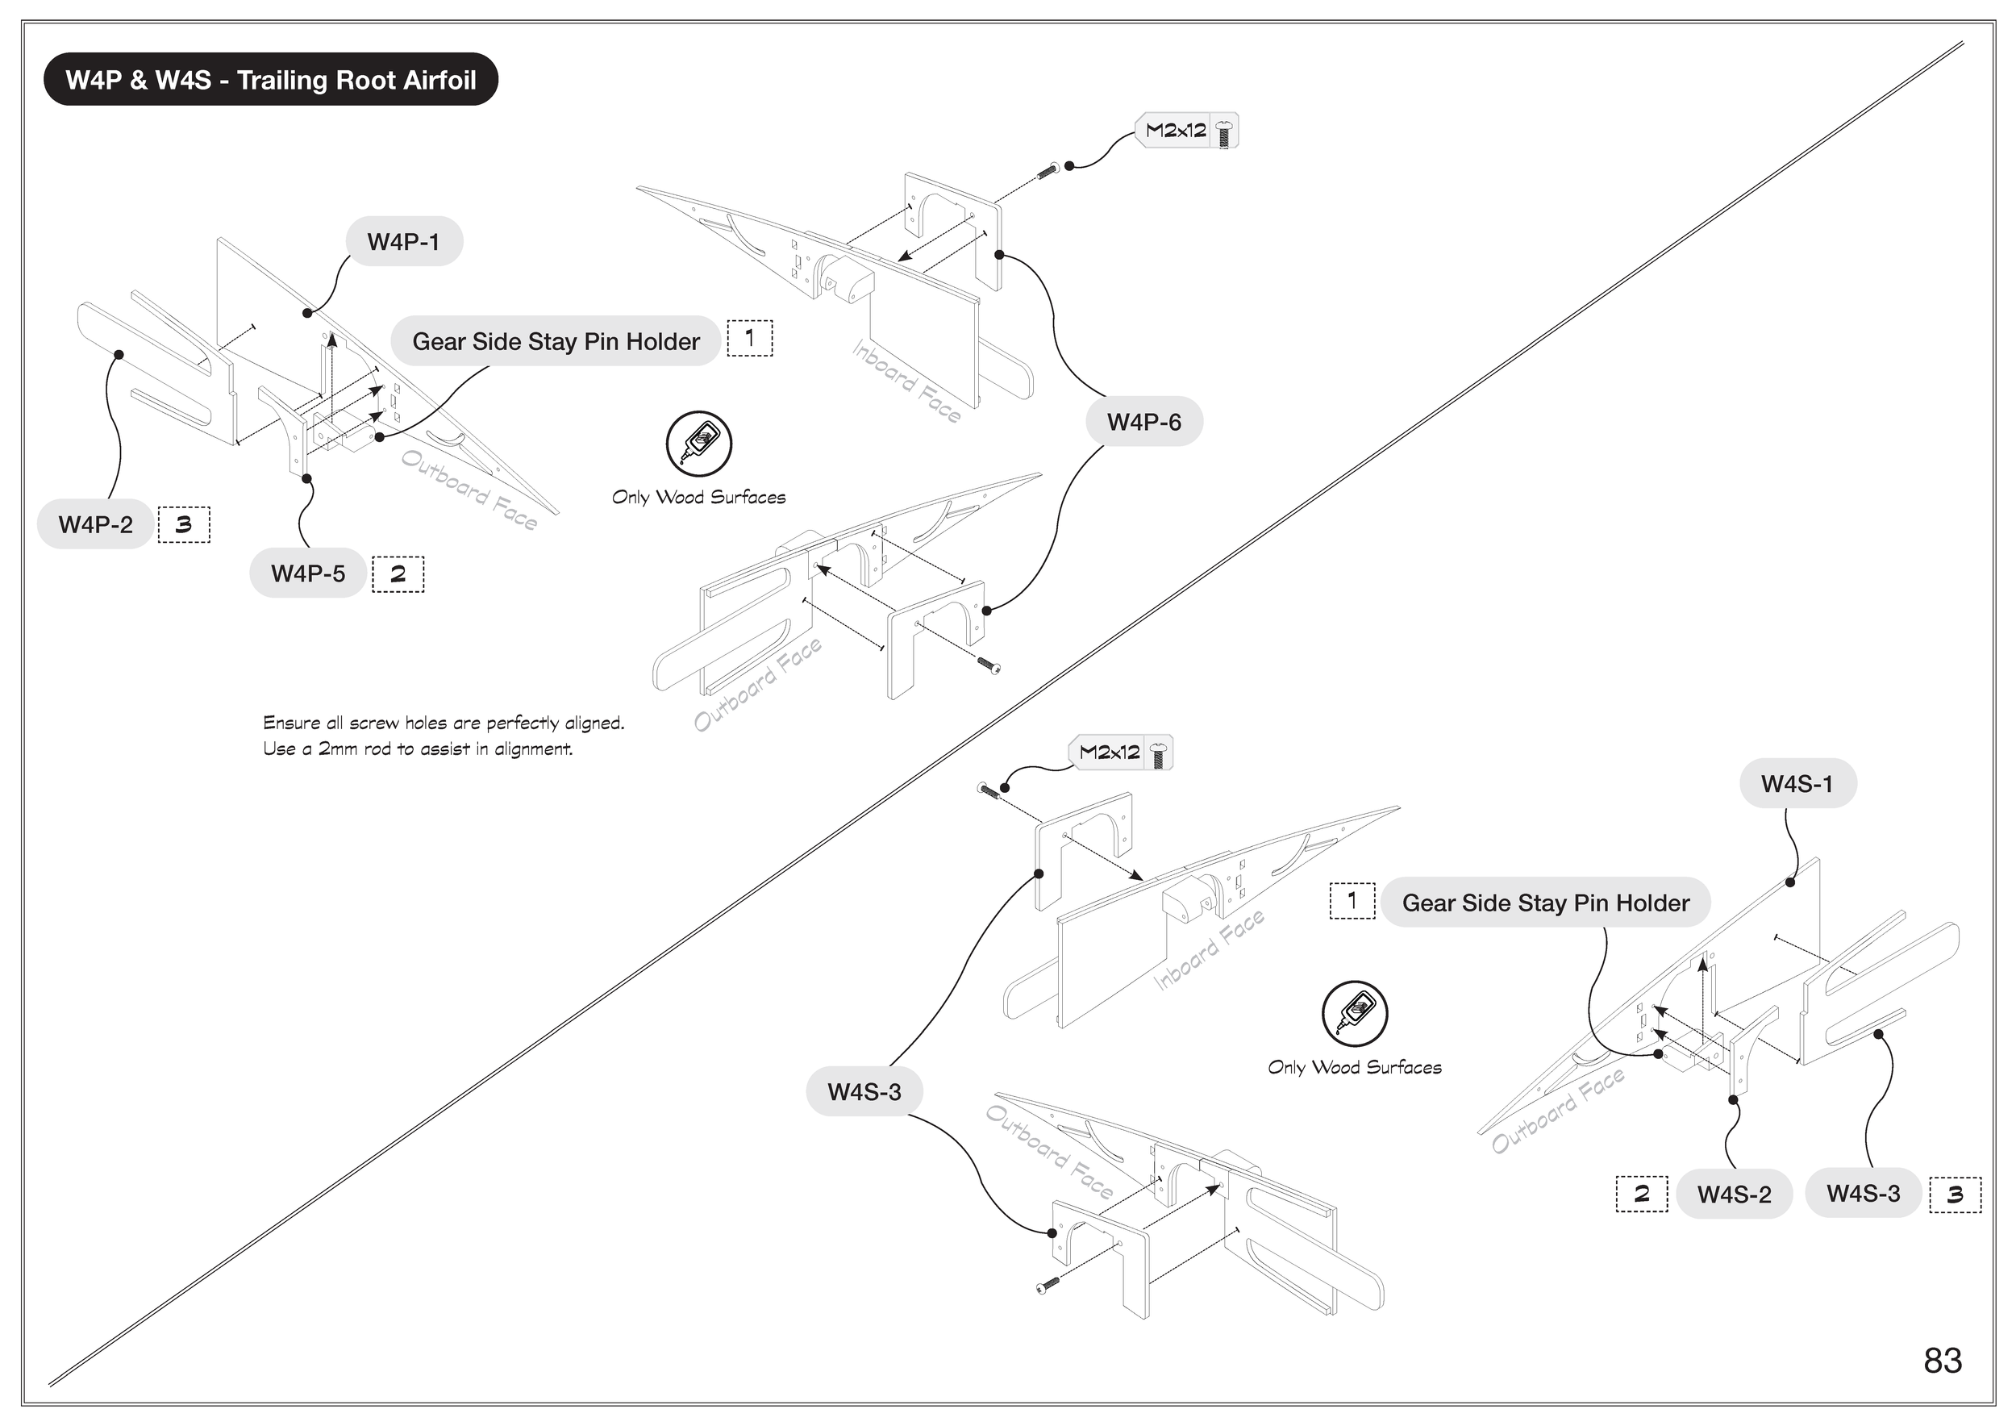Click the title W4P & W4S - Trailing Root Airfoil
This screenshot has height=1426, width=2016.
click(270, 80)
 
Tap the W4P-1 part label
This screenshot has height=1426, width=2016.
click(403, 241)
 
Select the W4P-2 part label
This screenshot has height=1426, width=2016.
click(95, 524)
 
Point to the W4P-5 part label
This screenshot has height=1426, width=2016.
click(307, 573)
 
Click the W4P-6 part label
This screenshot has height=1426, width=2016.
click(1143, 423)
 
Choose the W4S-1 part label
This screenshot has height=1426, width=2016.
click(1797, 783)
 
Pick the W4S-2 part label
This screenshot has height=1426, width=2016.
click(1733, 1195)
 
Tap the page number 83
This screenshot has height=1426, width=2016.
click(1943, 1360)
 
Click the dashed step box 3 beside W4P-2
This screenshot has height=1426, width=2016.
click(184, 525)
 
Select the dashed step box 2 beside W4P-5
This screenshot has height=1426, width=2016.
click(398, 574)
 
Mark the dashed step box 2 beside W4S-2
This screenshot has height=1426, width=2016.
click(1641, 1195)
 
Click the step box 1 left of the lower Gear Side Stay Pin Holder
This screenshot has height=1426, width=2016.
click(1352, 901)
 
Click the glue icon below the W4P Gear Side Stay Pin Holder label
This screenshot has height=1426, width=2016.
click(698, 444)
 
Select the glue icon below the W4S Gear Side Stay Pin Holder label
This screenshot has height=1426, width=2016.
click(1354, 1013)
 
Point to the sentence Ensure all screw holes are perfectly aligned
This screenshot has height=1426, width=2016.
click(444, 723)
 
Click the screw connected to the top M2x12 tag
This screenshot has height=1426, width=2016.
click(1047, 171)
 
